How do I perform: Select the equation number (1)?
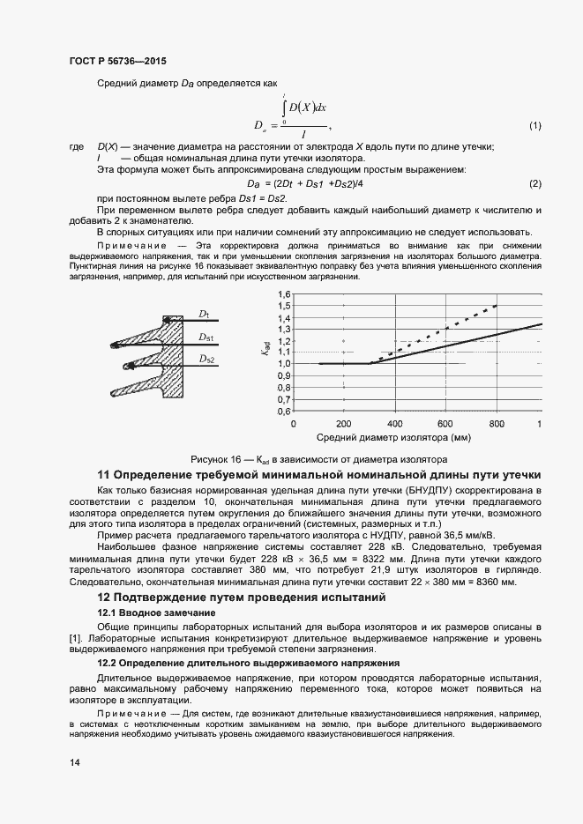pyautogui.click(x=534, y=127)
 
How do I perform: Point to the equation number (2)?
pyautogui.click(x=534, y=182)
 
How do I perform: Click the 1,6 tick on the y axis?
pyautogui.click(x=284, y=293)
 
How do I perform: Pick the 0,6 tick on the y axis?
pyautogui.click(x=284, y=411)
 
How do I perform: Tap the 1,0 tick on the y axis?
pyautogui.click(x=284, y=363)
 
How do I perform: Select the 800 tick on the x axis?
pyautogui.click(x=497, y=423)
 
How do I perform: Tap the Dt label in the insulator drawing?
pyautogui.click(x=203, y=314)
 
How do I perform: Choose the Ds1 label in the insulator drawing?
pyautogui.click(x=206, y=337)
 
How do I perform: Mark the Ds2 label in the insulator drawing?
pyautogui.click(x=206, y=359)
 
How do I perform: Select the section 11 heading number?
pyautogui.click(x=103, y=473)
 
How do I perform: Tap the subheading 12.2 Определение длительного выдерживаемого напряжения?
pyautogui.click(x=248, y=662)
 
